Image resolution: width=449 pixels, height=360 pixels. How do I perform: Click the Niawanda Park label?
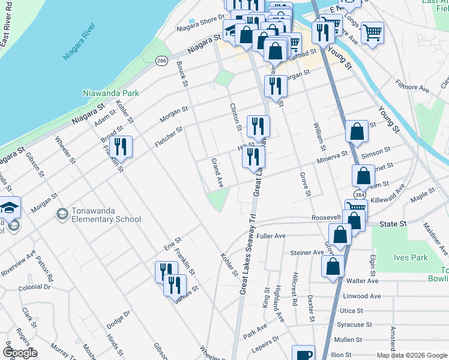click(110, 93)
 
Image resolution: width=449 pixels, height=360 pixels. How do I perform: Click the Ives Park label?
click(411, 257)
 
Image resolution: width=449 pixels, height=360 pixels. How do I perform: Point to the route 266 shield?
click(161, 61)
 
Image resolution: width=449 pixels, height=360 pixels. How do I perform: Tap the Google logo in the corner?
click(19, 353)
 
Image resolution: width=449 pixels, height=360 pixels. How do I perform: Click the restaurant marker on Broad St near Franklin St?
click(121, 147)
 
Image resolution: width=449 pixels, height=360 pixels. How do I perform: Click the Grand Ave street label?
click(217, 173)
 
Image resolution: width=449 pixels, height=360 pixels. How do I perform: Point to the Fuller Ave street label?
click(271, 236)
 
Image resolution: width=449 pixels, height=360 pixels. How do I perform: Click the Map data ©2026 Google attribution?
click(411, 355)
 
